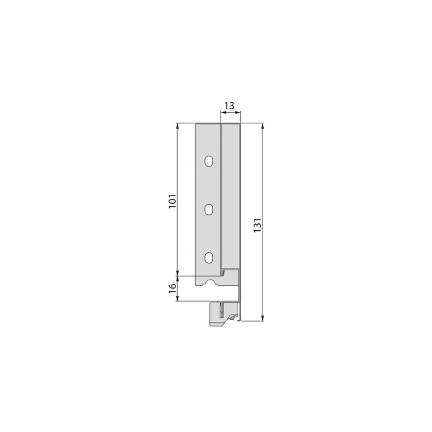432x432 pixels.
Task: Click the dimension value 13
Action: coord(229,106)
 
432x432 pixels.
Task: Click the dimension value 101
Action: coord(172,201)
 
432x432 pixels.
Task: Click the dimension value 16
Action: coord(172,287)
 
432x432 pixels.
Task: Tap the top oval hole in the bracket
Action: coord(209,162)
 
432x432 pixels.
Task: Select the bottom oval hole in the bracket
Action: coord(209,257)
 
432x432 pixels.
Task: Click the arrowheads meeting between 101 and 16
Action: coord(178,274)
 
